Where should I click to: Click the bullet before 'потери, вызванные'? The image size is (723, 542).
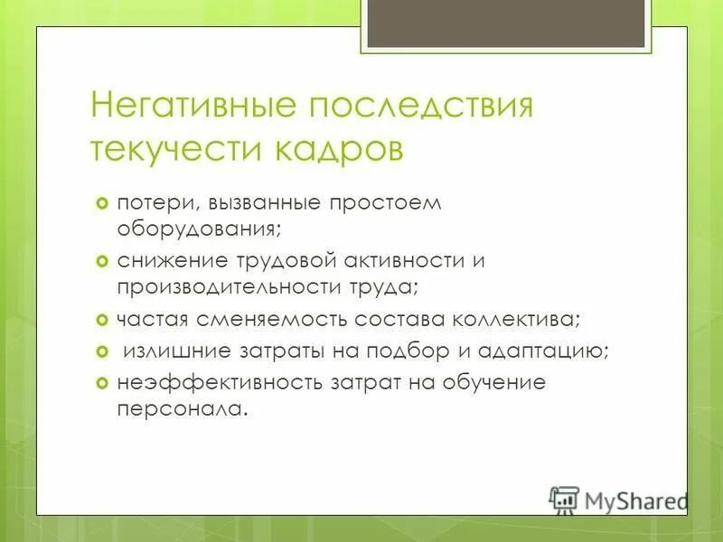tap(102, 202)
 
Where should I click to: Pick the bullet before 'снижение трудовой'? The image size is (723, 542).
tap(102, 260)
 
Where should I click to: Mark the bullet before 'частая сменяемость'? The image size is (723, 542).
tap(102, 319)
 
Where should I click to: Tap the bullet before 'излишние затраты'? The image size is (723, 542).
tap(102, 350)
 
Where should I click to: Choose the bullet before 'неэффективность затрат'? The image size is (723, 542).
tap(102, 382)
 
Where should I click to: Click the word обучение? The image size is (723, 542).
tap(494, 382)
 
